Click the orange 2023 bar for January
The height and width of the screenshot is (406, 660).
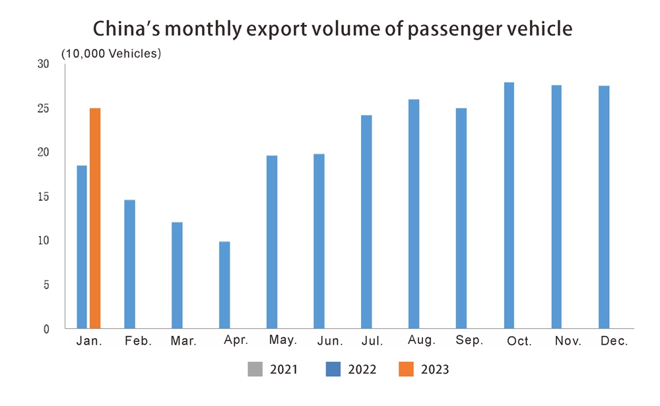tap(95, 218)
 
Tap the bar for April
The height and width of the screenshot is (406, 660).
tap(224, 285)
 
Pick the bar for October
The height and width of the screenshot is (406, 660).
tap(509, 205)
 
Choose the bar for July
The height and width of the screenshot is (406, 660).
tap(366, 222)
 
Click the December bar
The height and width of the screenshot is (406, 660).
tap(604, 207)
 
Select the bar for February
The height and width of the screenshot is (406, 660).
tap(129, 263)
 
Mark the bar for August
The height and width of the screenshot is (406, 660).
tap(414, 214)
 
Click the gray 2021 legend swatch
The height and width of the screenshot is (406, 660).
tap(255, 369)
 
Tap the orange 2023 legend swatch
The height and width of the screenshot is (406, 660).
tap(406, 369)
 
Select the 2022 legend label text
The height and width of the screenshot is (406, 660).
tap(362, 370)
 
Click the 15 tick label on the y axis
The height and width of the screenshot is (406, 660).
tap(43, 197)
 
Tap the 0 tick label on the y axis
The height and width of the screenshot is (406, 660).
tap(46, 329)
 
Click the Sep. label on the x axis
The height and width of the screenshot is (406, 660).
tap(469, 341)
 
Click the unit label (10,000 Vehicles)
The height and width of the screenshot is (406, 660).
tap(111, 53)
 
